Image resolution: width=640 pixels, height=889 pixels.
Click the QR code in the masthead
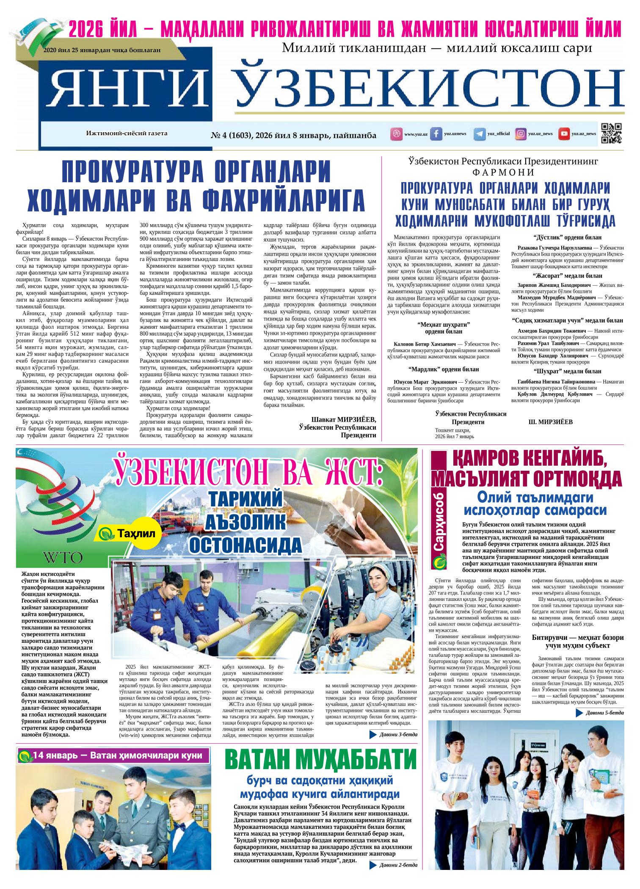tap(611, 133)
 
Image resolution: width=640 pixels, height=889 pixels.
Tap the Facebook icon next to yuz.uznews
tap(436, 134)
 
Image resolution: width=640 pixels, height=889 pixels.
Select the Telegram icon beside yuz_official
tap(480, 134)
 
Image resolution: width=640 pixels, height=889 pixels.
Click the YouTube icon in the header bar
tap(564, 134)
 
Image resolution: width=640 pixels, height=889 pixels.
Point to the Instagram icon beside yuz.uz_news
tap(521, 134)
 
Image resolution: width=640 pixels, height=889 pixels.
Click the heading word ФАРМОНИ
tap(503, 172)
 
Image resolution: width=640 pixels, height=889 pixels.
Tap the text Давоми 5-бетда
tap(605, 713)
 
